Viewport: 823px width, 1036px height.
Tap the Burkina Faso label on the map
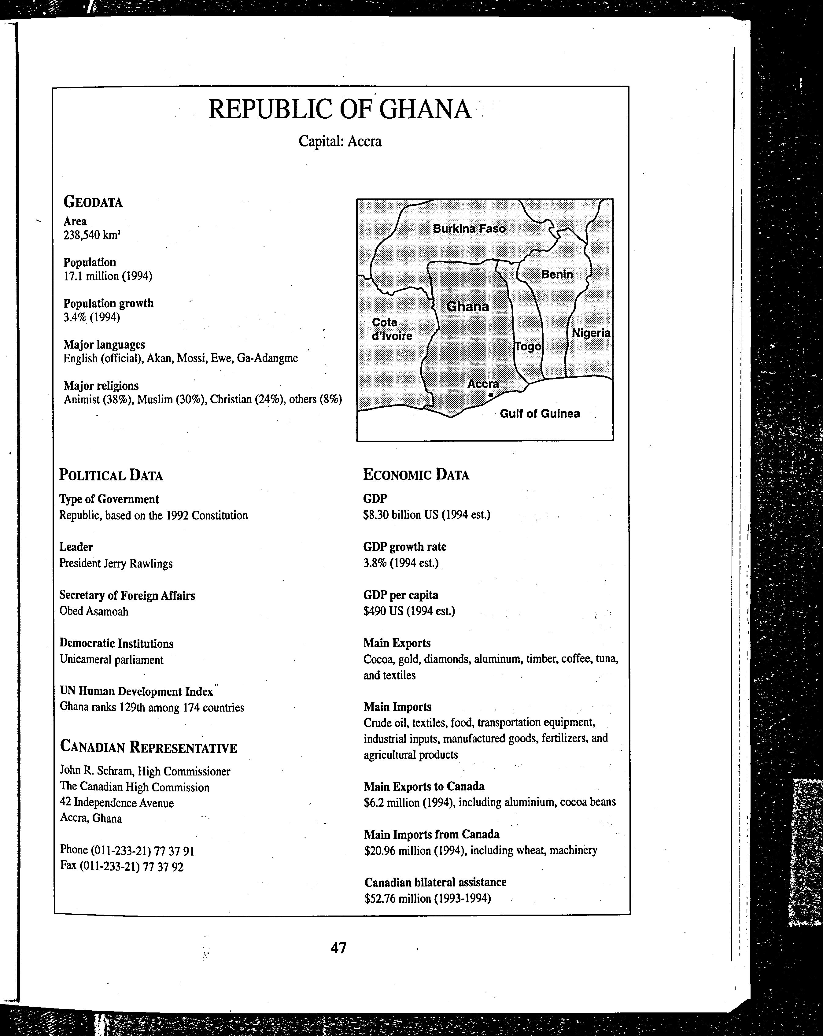(469, 229)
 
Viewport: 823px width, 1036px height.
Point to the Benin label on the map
(557, 274)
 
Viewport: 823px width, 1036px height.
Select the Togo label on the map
(528, 346)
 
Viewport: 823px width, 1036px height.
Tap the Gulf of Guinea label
(540, 414)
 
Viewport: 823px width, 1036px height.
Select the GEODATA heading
(93, 202)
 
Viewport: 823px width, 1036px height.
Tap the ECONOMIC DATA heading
(416, 475)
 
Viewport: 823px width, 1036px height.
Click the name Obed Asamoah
(94, 611)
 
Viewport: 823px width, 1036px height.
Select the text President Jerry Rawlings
(116, 563)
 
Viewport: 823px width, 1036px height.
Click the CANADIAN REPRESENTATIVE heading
(149, 748)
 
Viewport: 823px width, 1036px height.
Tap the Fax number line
(122, 867)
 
